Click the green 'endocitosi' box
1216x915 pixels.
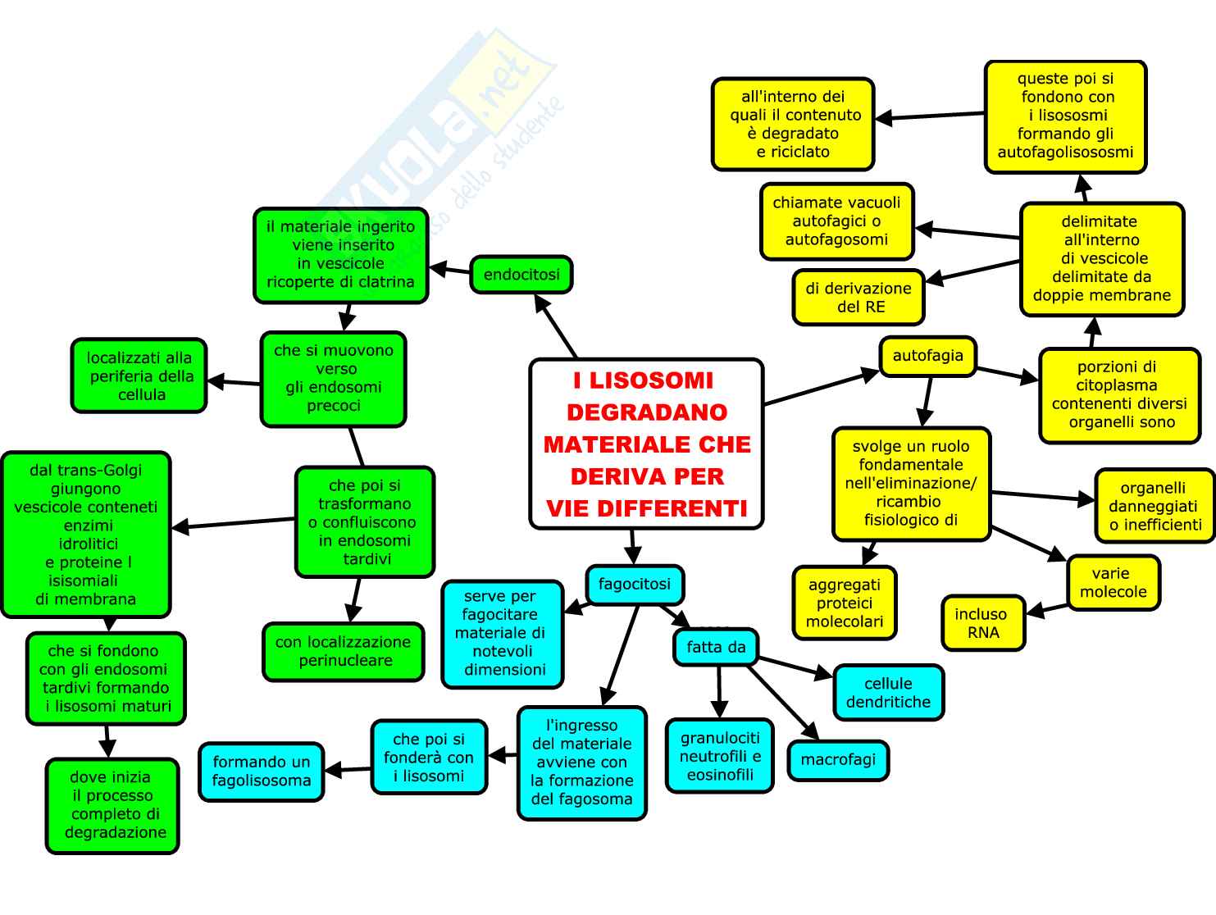pyautogui.click(x=521, y=274)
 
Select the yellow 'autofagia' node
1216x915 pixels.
pyautogui.click(x=927, y=356)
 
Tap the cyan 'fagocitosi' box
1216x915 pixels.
pyautogui.click(x=634, y=585)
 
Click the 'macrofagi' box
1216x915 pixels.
pyautogui.click(x=838, y=760)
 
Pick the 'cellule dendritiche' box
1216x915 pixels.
pyautogui.click(x=888, y=693)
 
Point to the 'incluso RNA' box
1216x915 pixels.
pyautogui.click(x=982, y=623)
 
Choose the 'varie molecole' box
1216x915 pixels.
pyautogui.click(x=1113, y=583)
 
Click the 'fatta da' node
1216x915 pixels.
pyautogui.click(x=716, y=647)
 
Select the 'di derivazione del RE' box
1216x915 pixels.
pyautogui.click(x=858, y=298)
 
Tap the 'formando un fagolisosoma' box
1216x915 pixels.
pyautogui.click(x=262, y=772)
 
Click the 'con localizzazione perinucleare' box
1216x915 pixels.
pyautogui.click(x=343, y=652)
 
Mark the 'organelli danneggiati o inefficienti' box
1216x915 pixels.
pyautogui.click(x=1155, y=507)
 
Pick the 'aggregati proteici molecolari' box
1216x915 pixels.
pyautogui.click(x=845, y=603)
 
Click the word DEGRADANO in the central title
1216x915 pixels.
pyautogui.click(x=647, y=412)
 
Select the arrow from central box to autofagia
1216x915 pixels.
pyautogui.click(x=820, y=389)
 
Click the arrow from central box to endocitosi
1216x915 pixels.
pyautogui.click(x=556, y=325)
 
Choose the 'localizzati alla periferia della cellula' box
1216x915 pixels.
pyautogui.click(x=140, y=376)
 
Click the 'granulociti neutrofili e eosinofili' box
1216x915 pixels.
pyautogui.click(x=720, y=756)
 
